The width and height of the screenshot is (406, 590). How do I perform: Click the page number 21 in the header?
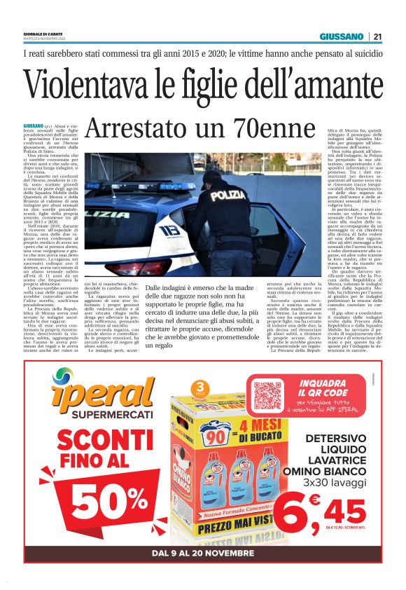point(377,36)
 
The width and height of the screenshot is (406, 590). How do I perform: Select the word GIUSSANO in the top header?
point(342,36)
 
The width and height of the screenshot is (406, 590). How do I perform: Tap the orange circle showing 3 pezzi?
point(200,390)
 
